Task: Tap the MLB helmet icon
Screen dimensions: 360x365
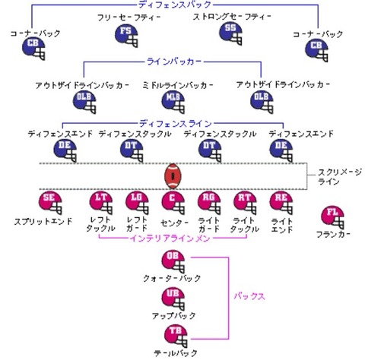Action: tap(174, 99)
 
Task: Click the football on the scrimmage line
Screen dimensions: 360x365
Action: tap(174, 176)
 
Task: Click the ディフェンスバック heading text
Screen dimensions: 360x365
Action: tap(170, 5)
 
